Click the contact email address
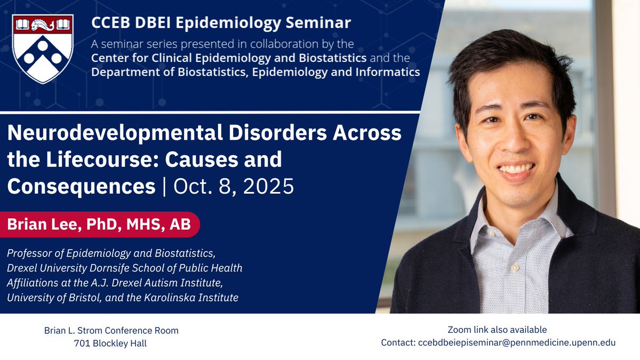click(x=516, y=342)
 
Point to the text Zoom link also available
click(x=497, y=330)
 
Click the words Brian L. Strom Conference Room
click(x=111, y=331)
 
